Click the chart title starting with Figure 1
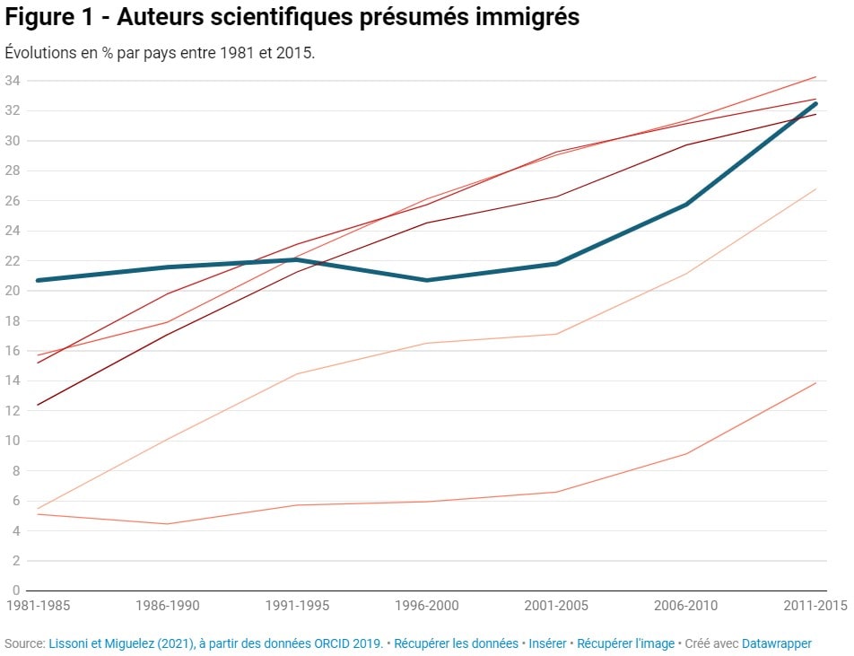click(292, 18)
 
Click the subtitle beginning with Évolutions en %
click(160, 52)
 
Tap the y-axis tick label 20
click(12, 291)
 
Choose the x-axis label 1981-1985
click(38, 606)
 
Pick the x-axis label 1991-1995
click(297, 606)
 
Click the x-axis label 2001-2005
click(556, 606)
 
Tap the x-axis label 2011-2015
click(815, 606)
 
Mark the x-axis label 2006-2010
click(686, 606)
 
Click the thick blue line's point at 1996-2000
click(427, 280)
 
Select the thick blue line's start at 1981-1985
click(38, 280)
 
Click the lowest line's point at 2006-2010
click(686, 453)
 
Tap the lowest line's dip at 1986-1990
click(168, 524)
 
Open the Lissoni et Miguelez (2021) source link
click(215, 643)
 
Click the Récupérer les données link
click(456, 643)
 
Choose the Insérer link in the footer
click(547, 643)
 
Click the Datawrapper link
click(776, 643)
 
